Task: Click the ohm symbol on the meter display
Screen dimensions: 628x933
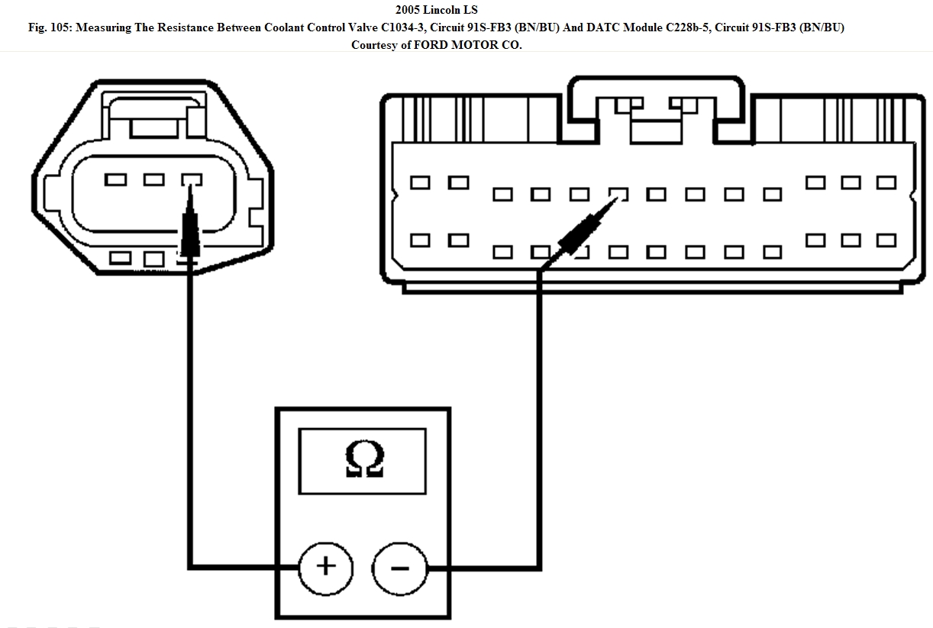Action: coord(363,460)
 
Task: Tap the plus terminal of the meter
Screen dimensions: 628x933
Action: coord(326,568)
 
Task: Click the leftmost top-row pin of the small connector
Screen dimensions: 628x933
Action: coord(115,179)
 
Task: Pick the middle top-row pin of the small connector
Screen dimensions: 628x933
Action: coord(154,179)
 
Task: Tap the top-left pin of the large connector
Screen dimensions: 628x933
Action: coord(420,183)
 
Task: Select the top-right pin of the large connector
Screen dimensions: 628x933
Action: coord(886,182)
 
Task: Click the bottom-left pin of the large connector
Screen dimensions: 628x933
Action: coord(420,240)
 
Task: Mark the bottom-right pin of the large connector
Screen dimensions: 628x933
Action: coord(886,240)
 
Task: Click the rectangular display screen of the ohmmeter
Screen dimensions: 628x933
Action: coord(363,460)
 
